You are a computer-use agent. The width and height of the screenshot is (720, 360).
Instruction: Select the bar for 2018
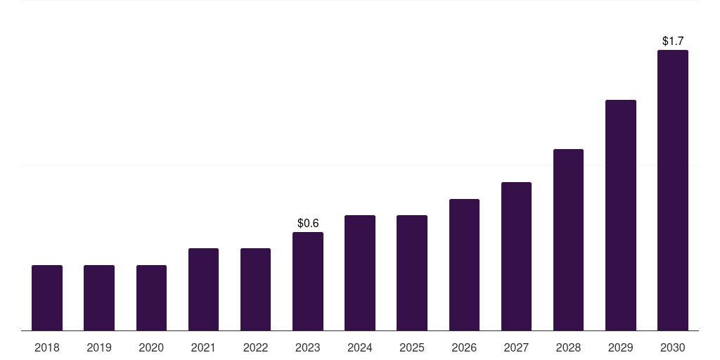click(47, 297)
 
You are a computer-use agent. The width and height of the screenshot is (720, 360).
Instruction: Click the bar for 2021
click(203, 289)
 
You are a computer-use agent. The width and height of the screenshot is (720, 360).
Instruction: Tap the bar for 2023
click(307, 281)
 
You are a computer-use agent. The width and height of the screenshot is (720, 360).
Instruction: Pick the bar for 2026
click(464, 264)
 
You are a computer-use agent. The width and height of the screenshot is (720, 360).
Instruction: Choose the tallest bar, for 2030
click(672, 190)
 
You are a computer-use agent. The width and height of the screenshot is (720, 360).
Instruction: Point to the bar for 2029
click(620, 215)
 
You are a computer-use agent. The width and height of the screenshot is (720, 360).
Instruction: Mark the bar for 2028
click(568, 240)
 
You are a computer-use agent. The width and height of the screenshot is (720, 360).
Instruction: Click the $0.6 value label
click(308, 223)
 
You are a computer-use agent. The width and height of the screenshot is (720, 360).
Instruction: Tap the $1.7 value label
click(673, 41)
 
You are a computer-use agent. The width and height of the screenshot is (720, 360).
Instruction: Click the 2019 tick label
click(99, 347)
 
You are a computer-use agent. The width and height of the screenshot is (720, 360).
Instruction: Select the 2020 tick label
click(151, 347)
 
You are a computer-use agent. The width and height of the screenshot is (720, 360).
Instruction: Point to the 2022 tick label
click(255, 347)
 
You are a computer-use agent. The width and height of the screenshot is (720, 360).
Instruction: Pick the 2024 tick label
click(360, 347)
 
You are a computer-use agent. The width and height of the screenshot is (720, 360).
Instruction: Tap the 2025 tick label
click(412, 347)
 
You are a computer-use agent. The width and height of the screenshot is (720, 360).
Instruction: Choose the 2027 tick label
click(516, 347)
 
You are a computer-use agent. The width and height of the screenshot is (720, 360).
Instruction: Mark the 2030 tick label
click(672, 347)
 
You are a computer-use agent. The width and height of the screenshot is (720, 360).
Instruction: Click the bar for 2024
click(360, 273)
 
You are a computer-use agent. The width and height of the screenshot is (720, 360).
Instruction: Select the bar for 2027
click(516, 256)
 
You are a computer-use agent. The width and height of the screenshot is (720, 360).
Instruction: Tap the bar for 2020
click(151, 297)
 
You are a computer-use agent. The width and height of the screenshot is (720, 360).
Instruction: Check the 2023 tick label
click(307, 347)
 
